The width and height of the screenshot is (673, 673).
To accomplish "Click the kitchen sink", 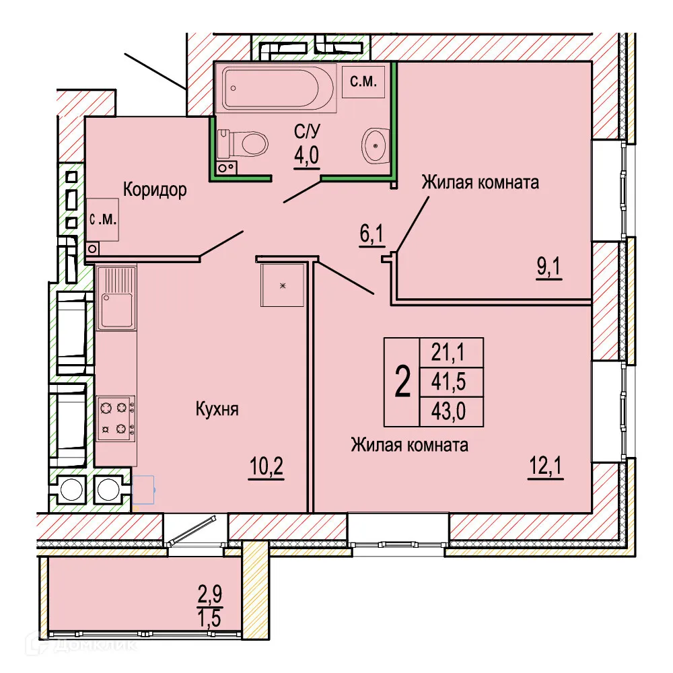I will coord(116,298).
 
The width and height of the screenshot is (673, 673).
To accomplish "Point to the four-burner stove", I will coord(115,417).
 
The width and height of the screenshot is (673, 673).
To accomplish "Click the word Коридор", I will coord(154,190).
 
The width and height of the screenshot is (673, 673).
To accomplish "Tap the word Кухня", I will coord(217,409).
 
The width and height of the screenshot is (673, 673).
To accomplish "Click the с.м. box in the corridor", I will coord(103,219).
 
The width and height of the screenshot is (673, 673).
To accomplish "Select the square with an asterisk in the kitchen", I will coord(282,285).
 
